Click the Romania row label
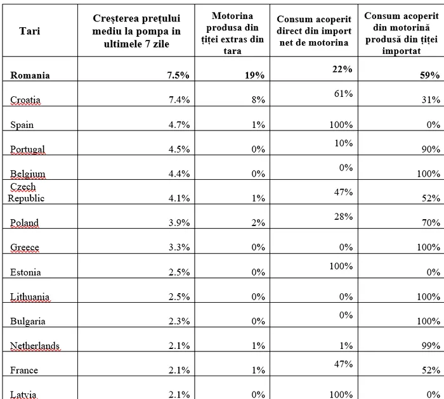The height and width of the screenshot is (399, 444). [30, 75]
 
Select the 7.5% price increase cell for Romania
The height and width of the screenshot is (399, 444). [178, 75]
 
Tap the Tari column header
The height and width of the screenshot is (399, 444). [30, 31]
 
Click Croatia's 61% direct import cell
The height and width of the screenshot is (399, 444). [344, 94]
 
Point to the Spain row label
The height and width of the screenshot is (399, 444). [22, 125]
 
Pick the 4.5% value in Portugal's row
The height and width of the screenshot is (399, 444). [179, 149]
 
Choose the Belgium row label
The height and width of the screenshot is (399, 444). [28, 174]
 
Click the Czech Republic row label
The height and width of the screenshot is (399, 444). [26, 193]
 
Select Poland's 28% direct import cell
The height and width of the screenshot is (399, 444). [344, 217]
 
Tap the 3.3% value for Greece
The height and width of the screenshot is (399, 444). [179, 248]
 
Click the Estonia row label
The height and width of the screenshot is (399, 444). [25, 272]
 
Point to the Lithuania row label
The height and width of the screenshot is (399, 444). [30, 296]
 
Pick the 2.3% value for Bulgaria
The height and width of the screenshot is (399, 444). [179, 321]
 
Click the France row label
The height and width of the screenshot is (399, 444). [24, 370]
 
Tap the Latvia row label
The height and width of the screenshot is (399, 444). [23, 395]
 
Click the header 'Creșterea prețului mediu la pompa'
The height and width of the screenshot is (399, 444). [136, 25]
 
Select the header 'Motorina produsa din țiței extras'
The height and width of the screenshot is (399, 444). [233, 27]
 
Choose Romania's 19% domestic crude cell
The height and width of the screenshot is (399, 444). [254, 75]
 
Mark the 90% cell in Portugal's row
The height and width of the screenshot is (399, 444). [431, 149]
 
